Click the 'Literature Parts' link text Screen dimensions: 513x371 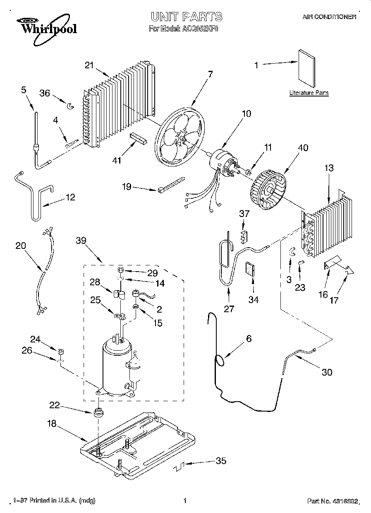click(309, 93)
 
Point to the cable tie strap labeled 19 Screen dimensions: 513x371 click(170, 184)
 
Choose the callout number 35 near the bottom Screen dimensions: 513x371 click(221, 461)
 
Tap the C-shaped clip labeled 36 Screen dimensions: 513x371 click(71, 106)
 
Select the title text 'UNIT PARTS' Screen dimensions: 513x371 click(186, 17)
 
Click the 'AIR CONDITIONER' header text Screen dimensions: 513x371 click(329, 17)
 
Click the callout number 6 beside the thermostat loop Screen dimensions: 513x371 click(248, 338)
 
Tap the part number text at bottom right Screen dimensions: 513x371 click(333, 501)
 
